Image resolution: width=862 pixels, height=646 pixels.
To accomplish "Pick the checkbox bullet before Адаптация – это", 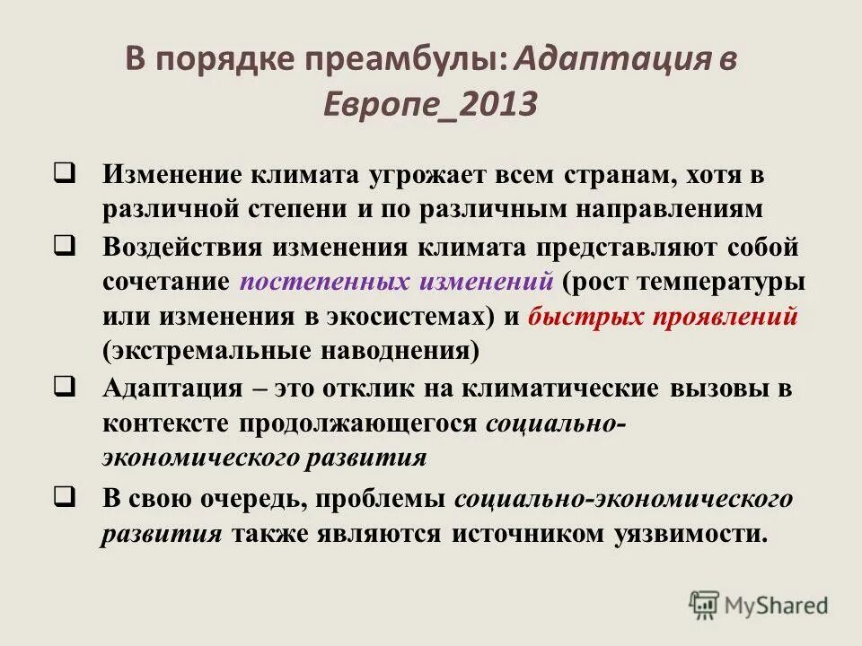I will click(x=65, y=387).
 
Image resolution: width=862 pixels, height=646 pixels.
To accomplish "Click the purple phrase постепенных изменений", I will click(x=396, y=282).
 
